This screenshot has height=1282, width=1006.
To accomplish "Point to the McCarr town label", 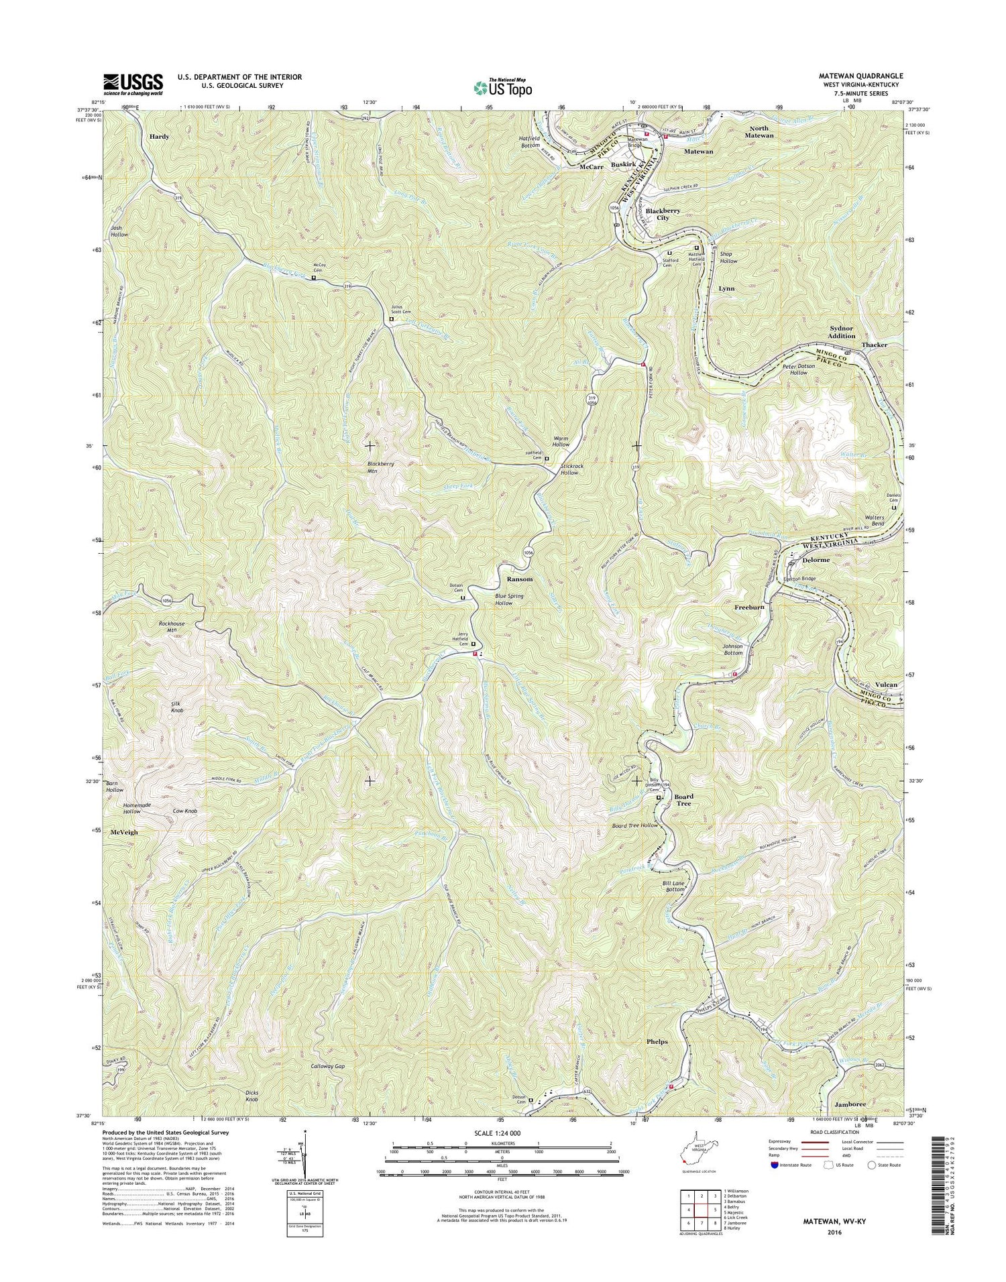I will (x=592, y=167).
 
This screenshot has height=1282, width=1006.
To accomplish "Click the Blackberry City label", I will (x=663, y=215).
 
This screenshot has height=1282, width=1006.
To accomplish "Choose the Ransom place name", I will (x=519, y=579).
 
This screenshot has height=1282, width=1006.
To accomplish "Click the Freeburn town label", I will (x=750, y=607).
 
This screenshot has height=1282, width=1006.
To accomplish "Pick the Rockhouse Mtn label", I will (x=172, y=627).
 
